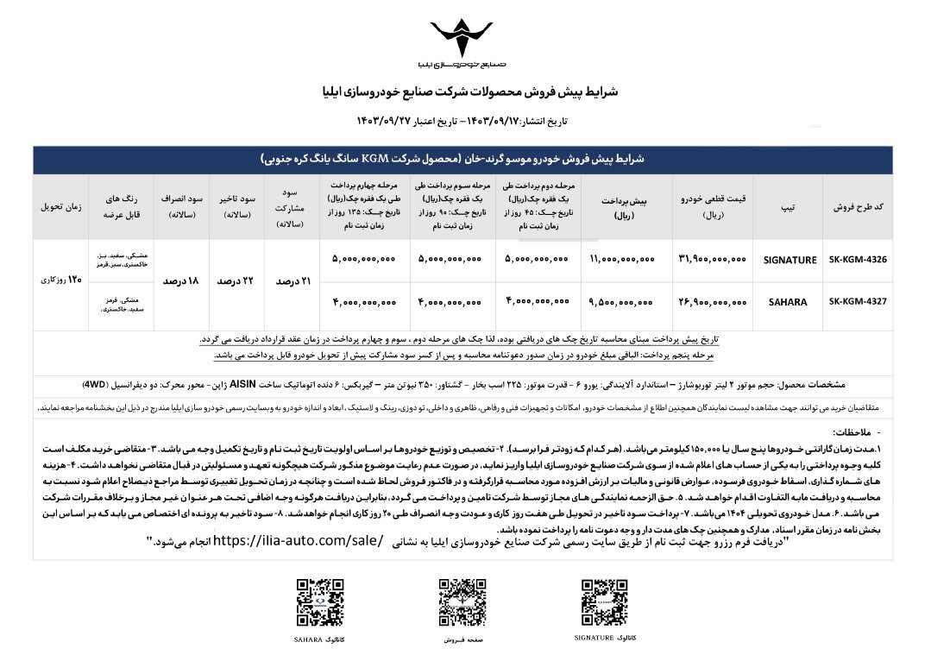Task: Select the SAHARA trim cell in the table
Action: (789, 303)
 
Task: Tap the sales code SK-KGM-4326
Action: (858, 259)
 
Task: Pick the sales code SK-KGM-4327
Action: (858, 303)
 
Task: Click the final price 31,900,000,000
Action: (713, 259)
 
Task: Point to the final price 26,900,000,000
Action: (713, 303)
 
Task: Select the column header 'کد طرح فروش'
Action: (858, 208)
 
